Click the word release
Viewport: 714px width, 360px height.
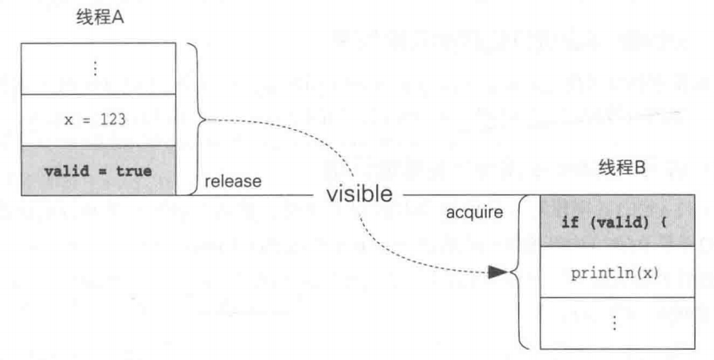(x=233, y=182)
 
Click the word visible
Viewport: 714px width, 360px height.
(x=358, y=194)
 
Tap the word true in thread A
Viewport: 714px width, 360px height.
(x=130, y=169)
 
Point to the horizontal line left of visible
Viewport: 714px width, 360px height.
(x=263, y=194)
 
